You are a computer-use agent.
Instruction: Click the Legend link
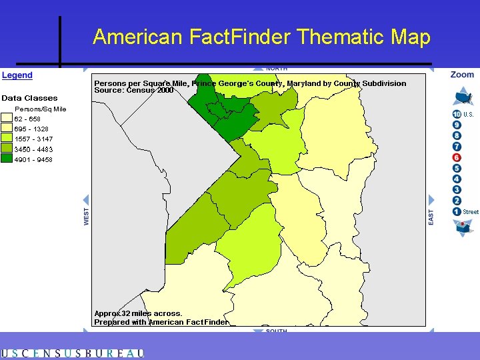(17, 75)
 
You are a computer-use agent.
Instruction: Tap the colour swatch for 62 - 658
(7, 119)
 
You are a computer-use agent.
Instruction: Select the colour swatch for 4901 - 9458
(7, 159)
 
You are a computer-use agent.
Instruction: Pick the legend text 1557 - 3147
(33, 139)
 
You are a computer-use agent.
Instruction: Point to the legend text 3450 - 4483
(33, 149)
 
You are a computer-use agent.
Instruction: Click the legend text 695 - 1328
(31, 129)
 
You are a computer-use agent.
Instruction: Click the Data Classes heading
(29, 98)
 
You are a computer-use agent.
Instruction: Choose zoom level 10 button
(457, 114)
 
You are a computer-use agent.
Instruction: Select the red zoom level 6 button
(457, 157)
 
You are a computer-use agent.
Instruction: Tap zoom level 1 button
(457, 211)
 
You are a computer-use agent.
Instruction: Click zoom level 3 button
(457, 190)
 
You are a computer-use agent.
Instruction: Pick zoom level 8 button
(457, 135)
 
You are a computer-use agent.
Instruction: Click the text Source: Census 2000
(133, 90)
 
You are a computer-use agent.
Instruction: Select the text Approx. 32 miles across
(138, 313)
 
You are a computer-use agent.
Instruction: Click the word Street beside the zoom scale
(471, 212)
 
